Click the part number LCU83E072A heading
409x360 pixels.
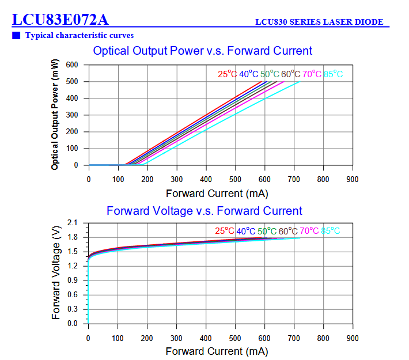coord(60,20)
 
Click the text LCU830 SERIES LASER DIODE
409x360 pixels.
coord(319,22)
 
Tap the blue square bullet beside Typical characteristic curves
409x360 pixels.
coord(16,36)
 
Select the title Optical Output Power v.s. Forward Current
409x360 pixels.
coord(203,51)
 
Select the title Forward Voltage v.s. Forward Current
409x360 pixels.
coord(204,211)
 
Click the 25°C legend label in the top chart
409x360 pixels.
coord(227,74)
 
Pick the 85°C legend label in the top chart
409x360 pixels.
coord(333,74)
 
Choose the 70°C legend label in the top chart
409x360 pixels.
coord(312,74)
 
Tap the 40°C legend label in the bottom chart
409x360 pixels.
coord(246,231)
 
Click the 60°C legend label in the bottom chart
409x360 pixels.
coord(289,231)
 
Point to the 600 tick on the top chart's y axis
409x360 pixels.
coord(72,65)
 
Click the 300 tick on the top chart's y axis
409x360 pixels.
coord(72,115)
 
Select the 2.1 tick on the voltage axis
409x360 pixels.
coord(73,222)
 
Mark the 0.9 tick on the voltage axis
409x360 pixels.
coord(73,281)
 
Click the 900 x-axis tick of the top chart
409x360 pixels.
coord(352,179)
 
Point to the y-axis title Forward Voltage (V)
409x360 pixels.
coord(56,273)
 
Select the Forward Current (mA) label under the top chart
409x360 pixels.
coord(217,194)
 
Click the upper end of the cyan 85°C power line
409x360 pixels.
coord(300,82)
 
